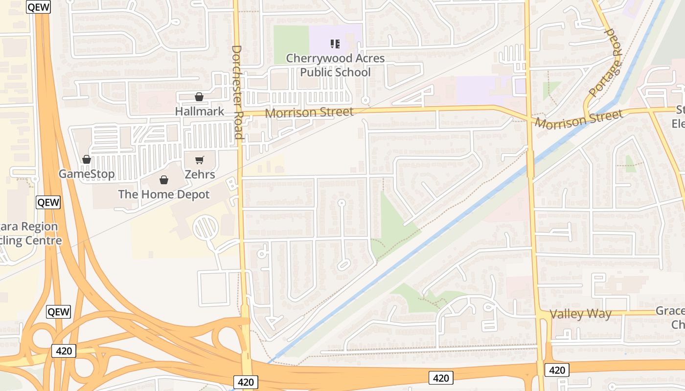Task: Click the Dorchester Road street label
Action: pyautogui.click(x=237, y=92)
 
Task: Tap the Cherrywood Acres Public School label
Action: pyautogui.click(x=335, y=65)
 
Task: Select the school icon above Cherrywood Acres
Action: pyautogui.click(x=335, y=44)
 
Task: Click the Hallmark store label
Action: pyautogui.click(x=200, y=111)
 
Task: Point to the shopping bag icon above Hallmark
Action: pyautogui.click(x=199, y=97)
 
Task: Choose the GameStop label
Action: pyautogui.click(x=87, y=174)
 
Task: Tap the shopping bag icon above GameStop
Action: pyautogui.click(x=87, y=159)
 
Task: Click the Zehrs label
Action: pyautogui.click(x=200, y=174)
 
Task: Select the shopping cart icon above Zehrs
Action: pyautogui.click(x=199, y=160)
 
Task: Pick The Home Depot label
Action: pyautogui.click(x=164, y=195)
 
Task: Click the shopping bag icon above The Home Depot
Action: pyautogui.click(x=164, y=180)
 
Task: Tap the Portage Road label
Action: pyautogui.click(x=605, y=62)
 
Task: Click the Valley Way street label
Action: pyautogui.click(x=581, y=314)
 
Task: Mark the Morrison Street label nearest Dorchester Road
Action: pyautogui.click(x=309, y=112)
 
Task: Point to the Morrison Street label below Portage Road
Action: pyautogui.click(x=578, y=119)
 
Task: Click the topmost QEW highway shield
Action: pyautogui.click(x=39, y=7)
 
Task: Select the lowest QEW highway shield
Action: pyautogui.click(x=59, y=312)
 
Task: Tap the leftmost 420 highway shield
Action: pyautogui.click(x=64, y=350)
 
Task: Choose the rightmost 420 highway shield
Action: pyautogui.click(x=557, y=370)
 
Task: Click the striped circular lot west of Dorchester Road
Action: pyautogui.click(x=205, y=228)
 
